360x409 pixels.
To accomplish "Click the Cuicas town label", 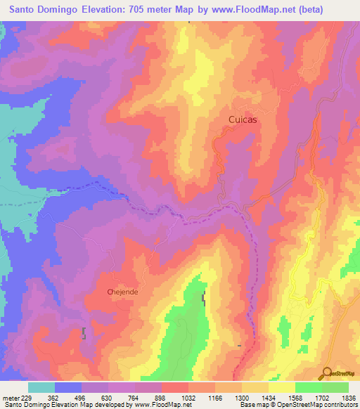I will coord(243,120).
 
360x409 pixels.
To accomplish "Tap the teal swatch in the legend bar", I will coord(41,387).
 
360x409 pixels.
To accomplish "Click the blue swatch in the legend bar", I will coord(68,387).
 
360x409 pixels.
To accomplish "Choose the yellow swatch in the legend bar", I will coord(281,387).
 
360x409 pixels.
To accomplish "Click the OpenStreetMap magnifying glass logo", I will coord(326,372).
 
